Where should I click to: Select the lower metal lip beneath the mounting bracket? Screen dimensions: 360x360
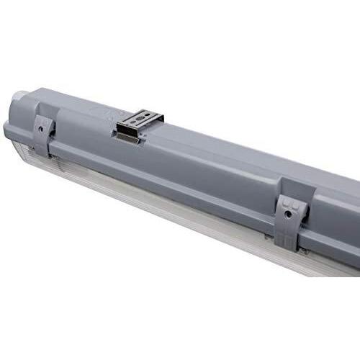tap(129, 139)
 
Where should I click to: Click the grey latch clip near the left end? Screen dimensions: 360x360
tap(42, 135)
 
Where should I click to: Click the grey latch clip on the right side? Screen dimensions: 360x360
tap(291, 216)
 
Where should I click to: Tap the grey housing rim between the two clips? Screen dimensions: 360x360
tap(166, 180)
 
